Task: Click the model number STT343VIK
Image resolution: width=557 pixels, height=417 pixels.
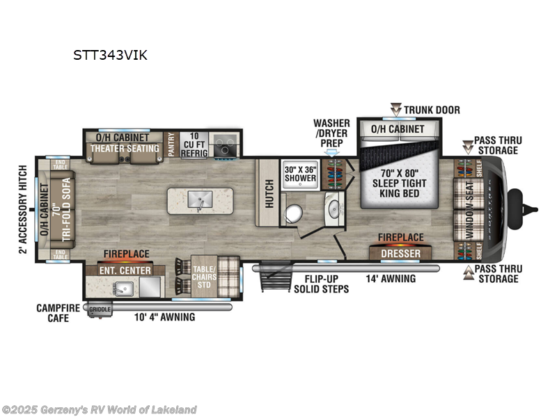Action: click(x=110, y=56)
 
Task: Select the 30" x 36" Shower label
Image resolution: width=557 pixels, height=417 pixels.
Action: click(x=300, y=173)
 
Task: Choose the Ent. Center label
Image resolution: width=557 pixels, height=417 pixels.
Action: click(x=125, y=270)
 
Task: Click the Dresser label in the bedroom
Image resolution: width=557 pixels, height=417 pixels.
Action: click(x=400, y=254)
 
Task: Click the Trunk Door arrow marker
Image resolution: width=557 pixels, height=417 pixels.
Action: click(x=395, y=109)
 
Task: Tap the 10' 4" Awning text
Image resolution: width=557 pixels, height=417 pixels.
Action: click(x=164, y=317)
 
